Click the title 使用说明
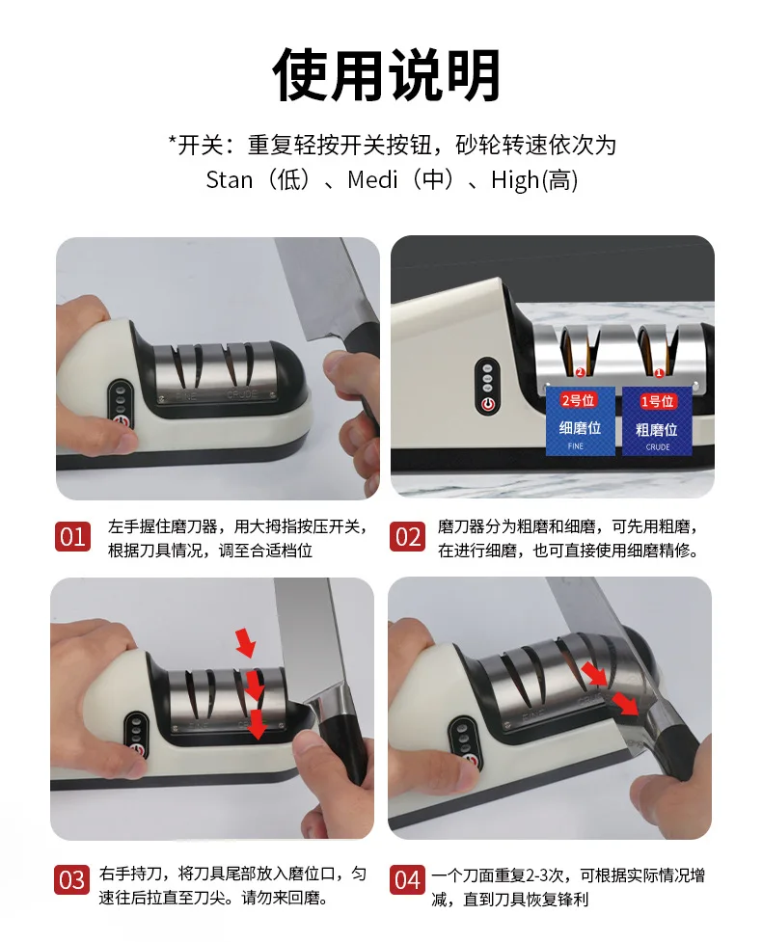pyautogui.click(x=386, y=74)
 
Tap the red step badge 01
pyautogui.click(x=72, y=536)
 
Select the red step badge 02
pyautogui.click(x=407, y=536)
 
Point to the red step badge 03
pyautogui.click(x=72, y=879)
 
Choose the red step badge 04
pyautogui.click(x=407, y=880)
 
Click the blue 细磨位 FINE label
pyautogui.click(x=580, y=421)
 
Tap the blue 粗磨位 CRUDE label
pyautogui.click(x=657, y=421)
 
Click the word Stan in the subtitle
pyautogui.click(x=229, y=179)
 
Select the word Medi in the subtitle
pyautogui.click(x=372, y=179)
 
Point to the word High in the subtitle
pyautogui.click(x=515, y=180)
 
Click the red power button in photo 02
pyautogui.click(x=487, y=404)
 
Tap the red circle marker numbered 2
pyautogui.click(x=580, y=372)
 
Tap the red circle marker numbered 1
pyautogui.click(x=659, y=373)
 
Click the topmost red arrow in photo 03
pyautogui.click(x=245, y=641)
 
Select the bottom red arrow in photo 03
pyautogui.click(x=258, y=724)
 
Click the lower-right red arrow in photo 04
pyautogui.click(x=625, y=703)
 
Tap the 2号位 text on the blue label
pyautogui.click(x=578, y=400)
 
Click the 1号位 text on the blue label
pyautogui.click(x=657, y=401)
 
